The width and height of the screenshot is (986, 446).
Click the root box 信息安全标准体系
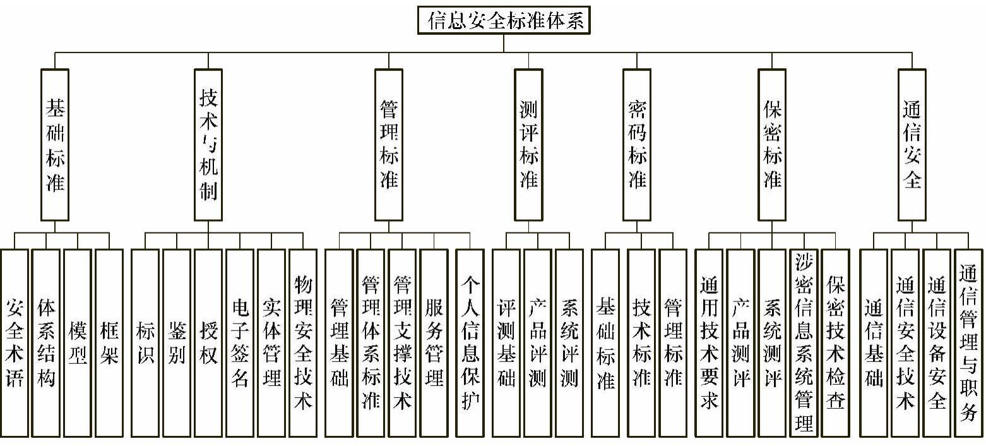(504, 20)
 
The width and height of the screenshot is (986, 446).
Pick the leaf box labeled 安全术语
(15, 342)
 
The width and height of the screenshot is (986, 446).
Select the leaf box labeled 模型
(78, 342)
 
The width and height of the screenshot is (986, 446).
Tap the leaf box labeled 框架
(109, 342)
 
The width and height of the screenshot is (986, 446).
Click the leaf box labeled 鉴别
(177, 342)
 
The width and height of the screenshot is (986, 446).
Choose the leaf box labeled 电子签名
(240, 342)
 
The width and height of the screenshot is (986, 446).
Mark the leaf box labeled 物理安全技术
(303, 342)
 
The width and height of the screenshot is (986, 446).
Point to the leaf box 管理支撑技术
(402, 342)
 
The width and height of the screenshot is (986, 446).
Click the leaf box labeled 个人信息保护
(470, 342)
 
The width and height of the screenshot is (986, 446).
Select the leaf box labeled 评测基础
(506, 342)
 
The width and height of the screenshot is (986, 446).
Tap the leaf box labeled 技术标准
(641, 342)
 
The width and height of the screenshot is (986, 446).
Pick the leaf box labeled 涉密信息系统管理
(804, 342)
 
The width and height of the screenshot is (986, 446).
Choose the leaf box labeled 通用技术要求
(709, 342)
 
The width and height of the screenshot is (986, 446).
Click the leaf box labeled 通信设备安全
(937, 342)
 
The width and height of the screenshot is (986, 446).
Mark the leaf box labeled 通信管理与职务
(968, 342)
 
